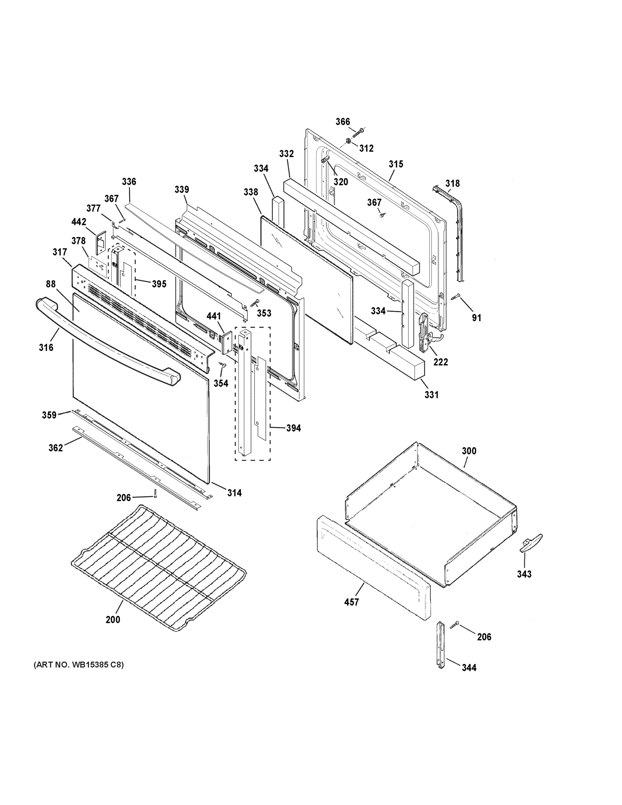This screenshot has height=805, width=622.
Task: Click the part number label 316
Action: tap(46, 347)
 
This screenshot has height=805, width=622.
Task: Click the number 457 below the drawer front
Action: tap(351, 602)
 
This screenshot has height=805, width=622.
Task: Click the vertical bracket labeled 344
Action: tap(440, 649)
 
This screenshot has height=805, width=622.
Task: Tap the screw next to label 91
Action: tap(456, 297)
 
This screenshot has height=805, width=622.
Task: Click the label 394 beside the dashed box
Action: tap(293, 428)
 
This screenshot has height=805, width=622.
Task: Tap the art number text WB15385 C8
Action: tap(78, 665)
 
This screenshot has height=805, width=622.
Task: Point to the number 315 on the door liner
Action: tap(396, 164)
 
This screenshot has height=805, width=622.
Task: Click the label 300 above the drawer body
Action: tap(469, 451)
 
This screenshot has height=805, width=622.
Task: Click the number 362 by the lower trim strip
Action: tap(56, 448)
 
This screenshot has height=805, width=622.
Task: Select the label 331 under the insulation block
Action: tap(431, 395)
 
